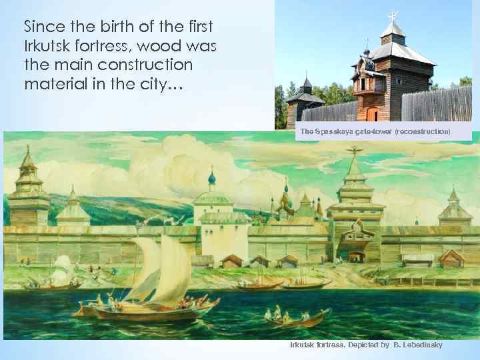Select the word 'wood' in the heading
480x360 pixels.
tap(162, 47)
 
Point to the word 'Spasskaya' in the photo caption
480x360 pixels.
tap(333, 132)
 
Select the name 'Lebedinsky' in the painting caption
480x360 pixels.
tap(418, 345)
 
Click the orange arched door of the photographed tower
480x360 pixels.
tap(372, 114)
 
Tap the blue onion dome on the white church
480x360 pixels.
tap(212, 179)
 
